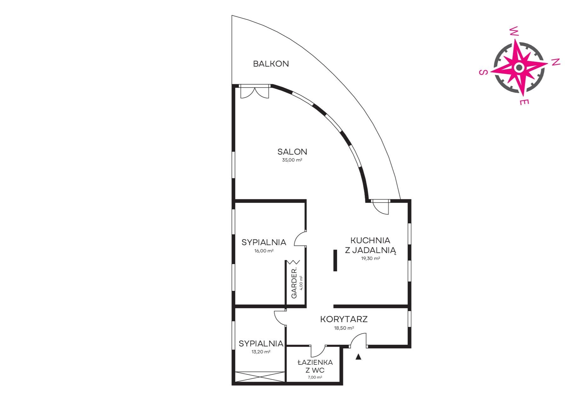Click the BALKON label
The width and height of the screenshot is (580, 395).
[x=271, y=64]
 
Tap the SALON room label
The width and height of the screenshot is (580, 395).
[x=292, y=152]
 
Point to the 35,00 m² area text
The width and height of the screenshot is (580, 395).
[x=292, y=160]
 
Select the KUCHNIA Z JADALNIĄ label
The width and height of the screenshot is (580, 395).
[x=370, y=245]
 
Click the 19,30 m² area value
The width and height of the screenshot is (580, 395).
[x=370, y=258]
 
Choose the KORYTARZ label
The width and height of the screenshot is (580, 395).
[x=344, y=319]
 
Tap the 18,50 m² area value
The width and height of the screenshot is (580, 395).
[x=344, y=328]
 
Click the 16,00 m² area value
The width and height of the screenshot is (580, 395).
[x=264, y=251]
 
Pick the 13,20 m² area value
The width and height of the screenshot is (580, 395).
[x=261, y=352]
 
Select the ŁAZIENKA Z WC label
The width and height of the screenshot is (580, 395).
[x=315, y=366]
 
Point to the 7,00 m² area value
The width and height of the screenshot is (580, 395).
[x=315, y=377]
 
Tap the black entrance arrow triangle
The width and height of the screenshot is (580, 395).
[x=358, y=357]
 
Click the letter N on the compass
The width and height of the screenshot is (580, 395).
[x=556, y=62]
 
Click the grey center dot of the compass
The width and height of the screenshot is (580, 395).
[x=519, y=67]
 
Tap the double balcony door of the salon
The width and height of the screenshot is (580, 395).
[x=255, y=91]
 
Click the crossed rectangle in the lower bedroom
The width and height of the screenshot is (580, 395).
[x=260, y=377]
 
